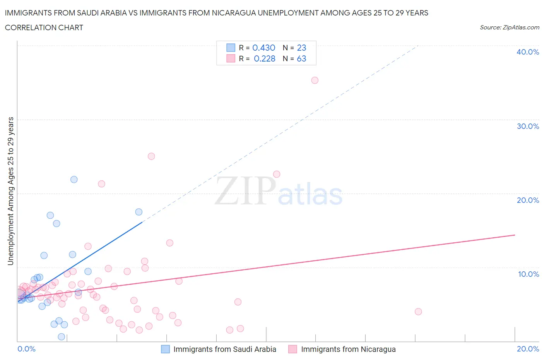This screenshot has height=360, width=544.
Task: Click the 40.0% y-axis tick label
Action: click(527, 52)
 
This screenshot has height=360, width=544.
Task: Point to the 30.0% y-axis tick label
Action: click(527, 126)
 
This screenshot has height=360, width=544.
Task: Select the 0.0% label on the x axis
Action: click(26, 349)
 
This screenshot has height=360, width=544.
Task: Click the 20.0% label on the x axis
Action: click(528, 349)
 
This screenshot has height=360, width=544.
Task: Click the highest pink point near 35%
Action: click(315, 80)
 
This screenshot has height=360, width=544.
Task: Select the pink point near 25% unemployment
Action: click(151, 156)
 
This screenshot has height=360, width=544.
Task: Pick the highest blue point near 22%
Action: click(74, 179)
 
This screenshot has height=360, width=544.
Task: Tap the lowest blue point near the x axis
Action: click(61, 337)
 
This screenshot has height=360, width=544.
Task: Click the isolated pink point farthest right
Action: click(418, 312)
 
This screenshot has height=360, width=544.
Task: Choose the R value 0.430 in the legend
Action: click(263, 48)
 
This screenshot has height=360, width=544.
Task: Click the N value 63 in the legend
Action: click(301, 58)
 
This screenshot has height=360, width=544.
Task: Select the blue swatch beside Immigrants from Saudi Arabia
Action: click(165, 349)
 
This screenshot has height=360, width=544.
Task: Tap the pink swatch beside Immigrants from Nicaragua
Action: click(293, 349)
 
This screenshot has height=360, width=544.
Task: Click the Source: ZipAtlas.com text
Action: click(509, 27)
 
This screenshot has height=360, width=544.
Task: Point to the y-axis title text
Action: click(10, 191)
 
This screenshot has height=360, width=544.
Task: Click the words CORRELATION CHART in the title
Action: click(44, 27)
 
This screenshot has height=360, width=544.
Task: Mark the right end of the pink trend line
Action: click(515, 235)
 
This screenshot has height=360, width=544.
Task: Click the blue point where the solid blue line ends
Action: click(139, 212)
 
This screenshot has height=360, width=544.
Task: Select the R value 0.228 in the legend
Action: click(264, 58)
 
